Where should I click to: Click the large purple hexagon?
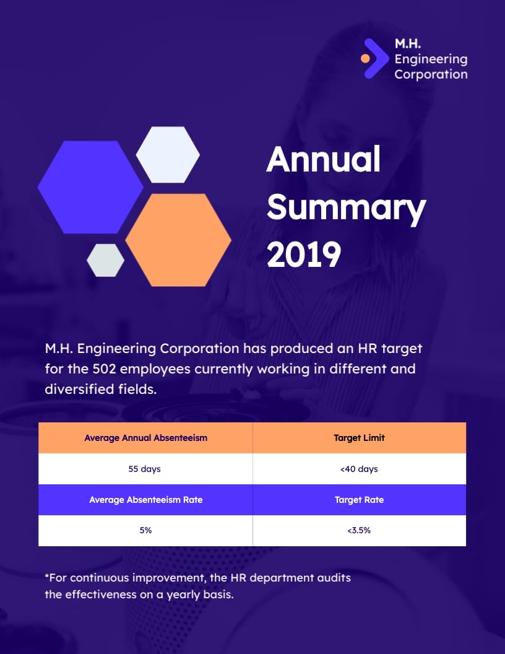pos(90,186)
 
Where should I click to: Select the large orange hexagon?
pos(178,240)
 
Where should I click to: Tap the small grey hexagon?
pos(105,260)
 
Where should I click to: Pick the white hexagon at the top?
pos(168,155)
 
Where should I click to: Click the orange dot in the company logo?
pos(365,58)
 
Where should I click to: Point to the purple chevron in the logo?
pos(375,58)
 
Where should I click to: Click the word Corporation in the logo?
pos(431,74)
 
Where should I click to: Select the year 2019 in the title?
pos(304,254)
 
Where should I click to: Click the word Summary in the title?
pos(346,207)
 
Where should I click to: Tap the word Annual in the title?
pos(323,160)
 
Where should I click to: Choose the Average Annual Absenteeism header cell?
pos(145,438)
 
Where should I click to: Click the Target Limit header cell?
pos(359,438)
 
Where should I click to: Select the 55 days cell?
pos(144,469)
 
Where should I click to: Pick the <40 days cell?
pos(359,469)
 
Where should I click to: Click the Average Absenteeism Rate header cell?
pos(145,500)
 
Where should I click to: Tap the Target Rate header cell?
pos(359,500)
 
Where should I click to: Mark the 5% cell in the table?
pos(145,530)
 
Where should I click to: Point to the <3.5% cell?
pos(359,530)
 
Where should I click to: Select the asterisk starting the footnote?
pos(47,577)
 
